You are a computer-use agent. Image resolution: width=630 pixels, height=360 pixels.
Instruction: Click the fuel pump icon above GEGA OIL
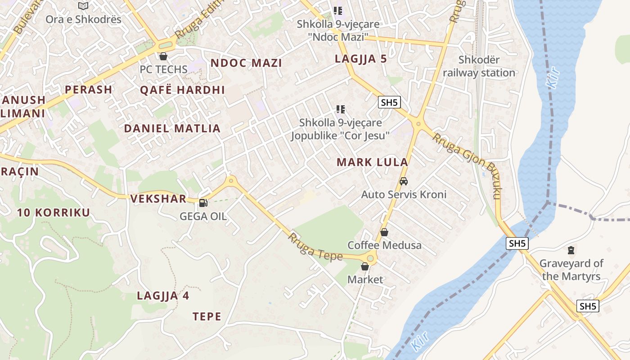pos(203,202)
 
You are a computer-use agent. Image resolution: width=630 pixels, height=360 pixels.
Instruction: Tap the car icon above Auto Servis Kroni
pos(404,181)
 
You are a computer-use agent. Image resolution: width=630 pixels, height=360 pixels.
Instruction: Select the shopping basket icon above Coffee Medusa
pos(384,232)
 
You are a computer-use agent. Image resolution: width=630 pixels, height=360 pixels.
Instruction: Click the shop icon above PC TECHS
pos(163,56)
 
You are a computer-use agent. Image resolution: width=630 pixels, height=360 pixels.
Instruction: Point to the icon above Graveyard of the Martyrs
pos(571,250)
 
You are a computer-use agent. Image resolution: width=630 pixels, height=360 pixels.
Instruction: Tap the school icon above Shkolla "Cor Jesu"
pos(341,109)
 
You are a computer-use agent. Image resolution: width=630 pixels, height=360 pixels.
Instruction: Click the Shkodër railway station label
pos(479,66)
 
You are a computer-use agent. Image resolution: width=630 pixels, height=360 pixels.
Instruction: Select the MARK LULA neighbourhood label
pos(372,162)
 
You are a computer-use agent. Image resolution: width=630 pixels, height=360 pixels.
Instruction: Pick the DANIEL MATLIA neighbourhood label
pos(172,129)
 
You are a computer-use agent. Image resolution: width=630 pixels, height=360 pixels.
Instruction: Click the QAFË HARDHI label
pos(182,90)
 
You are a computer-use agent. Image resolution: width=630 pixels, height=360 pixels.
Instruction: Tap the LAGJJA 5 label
pos(360,58)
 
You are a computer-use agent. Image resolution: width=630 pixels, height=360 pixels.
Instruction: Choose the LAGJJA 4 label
pos(163,296)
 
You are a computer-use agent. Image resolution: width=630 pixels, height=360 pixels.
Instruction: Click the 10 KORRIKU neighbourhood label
pos(54,212)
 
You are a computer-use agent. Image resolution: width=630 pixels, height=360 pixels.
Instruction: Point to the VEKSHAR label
pos(158,198)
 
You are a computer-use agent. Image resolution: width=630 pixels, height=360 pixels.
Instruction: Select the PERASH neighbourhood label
pos(88,89)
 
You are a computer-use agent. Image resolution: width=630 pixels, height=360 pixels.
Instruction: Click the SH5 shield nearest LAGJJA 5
pos(389,103)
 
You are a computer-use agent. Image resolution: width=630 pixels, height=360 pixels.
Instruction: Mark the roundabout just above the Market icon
pos(370,258)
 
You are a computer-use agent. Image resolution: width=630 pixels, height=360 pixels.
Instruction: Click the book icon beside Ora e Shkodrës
pos(83,6)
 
